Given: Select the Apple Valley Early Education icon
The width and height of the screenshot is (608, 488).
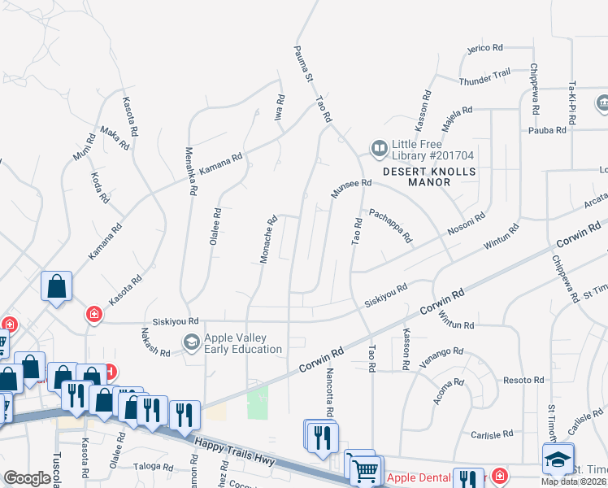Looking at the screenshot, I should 192,342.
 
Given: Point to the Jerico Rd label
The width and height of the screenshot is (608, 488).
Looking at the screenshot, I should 485,49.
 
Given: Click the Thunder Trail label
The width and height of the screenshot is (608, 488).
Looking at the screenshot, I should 484,82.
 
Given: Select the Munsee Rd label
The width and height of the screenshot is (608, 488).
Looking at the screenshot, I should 350,190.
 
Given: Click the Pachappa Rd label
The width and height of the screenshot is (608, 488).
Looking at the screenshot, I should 391,225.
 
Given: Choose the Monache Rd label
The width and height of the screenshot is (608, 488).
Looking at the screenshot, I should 270,239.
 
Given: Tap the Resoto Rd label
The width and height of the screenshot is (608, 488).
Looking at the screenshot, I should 523,381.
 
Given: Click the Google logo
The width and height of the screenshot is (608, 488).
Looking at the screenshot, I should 28,478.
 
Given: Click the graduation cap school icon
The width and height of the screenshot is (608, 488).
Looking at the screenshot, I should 558,458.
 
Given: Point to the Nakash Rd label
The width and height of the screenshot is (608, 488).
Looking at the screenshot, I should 154,348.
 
